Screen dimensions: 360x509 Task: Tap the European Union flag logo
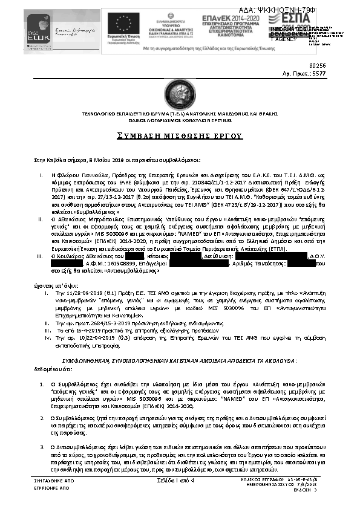point(123,23)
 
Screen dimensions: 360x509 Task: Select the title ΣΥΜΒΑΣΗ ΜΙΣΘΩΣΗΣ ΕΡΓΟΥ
point(179,135)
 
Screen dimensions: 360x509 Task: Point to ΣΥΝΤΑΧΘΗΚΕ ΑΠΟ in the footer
point(51,480)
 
